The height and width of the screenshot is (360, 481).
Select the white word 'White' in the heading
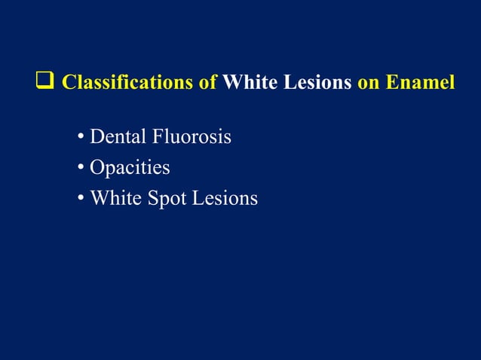(x=249, y=82)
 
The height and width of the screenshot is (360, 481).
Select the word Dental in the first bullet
(x=115, y=138)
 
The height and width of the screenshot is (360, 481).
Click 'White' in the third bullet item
(x=114, y=199)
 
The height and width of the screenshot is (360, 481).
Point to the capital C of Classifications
(x=68, y=82)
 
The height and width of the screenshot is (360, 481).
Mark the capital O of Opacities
(x=97, y=168)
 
